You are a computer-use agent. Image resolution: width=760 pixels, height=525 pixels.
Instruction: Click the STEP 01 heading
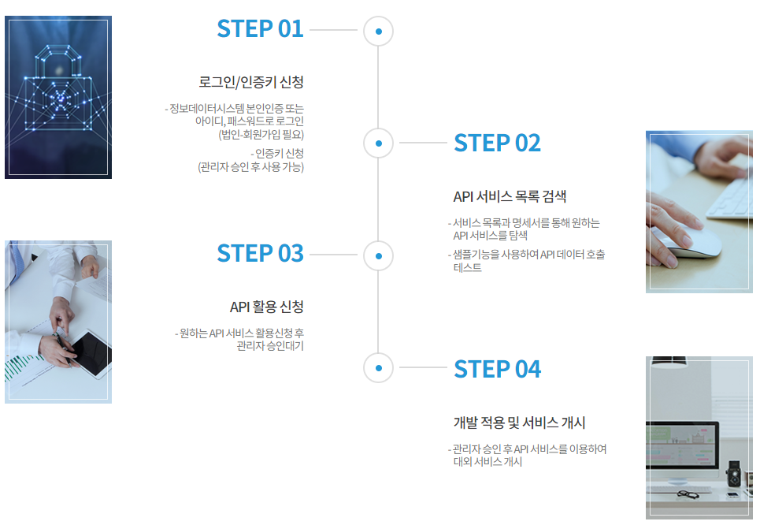pyautogui.click(x=260, y=29)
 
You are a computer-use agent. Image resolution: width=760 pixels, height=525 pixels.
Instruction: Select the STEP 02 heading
pyautogui.click(x=497, y=143)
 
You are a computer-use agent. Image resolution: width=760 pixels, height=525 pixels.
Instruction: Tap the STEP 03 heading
pyautogui.click(x=260, y=254)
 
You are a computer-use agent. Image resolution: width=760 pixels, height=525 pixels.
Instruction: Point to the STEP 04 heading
pyautogui.click(x=497, y=369)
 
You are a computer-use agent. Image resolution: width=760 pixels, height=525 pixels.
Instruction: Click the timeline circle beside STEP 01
pyautogui.click(x=378, y=32)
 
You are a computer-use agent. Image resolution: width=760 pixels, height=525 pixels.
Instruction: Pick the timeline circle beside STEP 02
pyautogui.click(x=378, y=143)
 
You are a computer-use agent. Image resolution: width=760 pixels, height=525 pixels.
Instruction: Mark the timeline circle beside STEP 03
pyautogui.click(x=378, y=255)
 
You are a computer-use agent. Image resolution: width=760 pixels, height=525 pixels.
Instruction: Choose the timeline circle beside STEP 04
pyautogui.click(x=378, y=368)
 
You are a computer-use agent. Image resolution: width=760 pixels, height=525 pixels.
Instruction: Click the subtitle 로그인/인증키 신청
pyautogui.click(x=251, y=82)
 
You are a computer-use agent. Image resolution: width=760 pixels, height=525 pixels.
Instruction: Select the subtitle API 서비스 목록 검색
pyautogui.click(x=510, y=196)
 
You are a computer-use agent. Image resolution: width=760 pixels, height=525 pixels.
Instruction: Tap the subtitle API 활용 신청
pyautogui.click(x=266, y=307)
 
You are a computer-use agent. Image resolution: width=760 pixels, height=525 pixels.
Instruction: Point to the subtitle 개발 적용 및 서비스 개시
pyautogui.click(x=519, y=423)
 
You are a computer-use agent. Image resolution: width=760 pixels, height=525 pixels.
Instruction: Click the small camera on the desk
pyautogui.click(x=734, y=474)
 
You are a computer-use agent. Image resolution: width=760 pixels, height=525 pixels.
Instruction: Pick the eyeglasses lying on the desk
pyautogui.click(x=688, y=494)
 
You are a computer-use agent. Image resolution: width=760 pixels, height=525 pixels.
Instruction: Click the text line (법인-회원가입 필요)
pyautogui.click(x=261, y=134)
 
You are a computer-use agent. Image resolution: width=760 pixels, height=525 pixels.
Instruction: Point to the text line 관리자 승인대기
pyautogui.click(x=269, y=346)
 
